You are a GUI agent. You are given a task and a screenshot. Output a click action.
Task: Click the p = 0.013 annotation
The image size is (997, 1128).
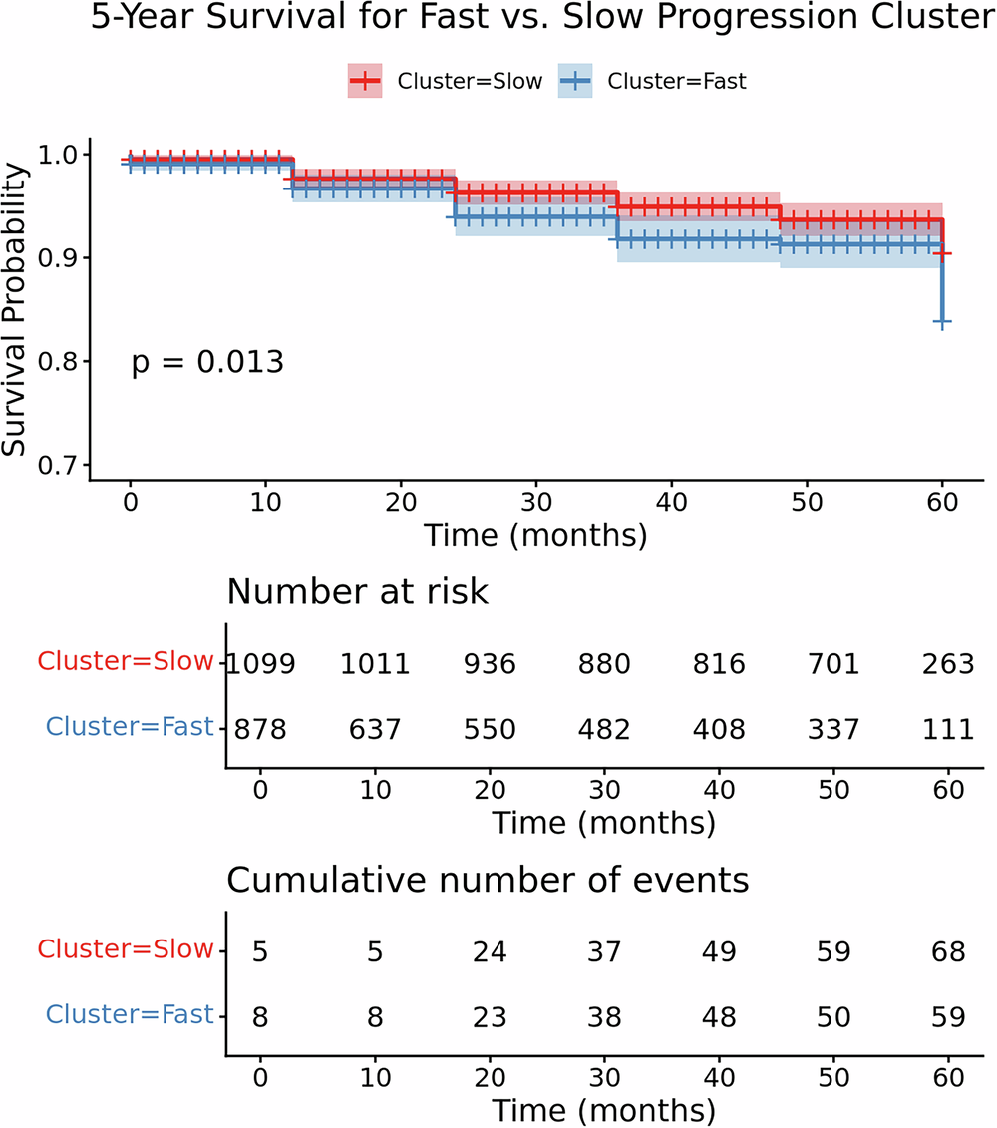tap(207, 362)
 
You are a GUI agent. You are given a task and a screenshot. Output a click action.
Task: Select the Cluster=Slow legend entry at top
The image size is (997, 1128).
tap(445, 82)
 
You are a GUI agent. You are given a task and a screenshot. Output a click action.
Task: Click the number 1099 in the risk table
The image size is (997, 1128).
tap(260, 663)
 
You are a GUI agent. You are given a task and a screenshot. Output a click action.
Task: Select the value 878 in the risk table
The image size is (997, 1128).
tap(260, 730)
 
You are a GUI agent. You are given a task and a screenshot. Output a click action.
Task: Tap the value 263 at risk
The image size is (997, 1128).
tap(947, 663)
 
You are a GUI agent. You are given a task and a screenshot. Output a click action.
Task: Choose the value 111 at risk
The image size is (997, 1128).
tap(947, 730)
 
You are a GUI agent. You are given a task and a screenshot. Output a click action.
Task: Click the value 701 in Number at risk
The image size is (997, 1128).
tap(832, 663)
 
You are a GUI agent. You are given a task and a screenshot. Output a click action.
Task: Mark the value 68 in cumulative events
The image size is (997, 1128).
tap(947, 952)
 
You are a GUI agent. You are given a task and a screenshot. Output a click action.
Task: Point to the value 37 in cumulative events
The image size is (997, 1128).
tap(602, 952)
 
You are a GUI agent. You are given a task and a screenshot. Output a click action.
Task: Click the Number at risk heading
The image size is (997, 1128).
tap(358, 592)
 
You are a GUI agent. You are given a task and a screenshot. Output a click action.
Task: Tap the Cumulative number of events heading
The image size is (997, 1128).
tap(489, 881)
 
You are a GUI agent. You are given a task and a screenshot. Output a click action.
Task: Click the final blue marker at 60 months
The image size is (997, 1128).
tap(942, 321)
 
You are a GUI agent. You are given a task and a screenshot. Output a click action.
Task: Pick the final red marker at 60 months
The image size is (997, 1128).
tap(942, 254)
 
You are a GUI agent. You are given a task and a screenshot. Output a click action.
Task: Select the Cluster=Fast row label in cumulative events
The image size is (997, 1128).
tap(130, 1015)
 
